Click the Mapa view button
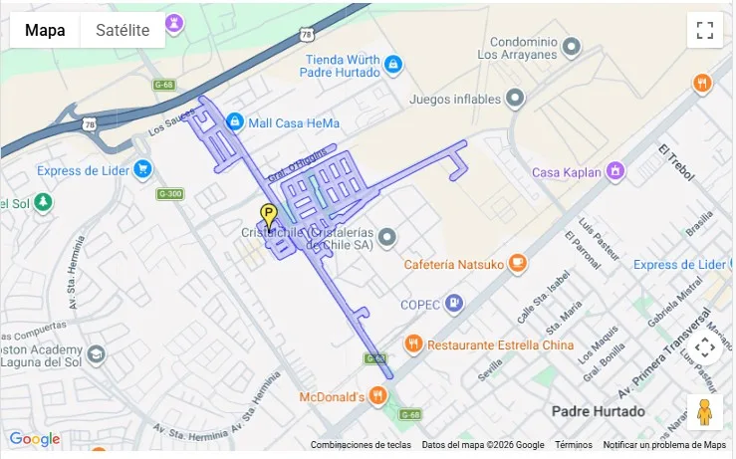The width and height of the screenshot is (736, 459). pos(45,30)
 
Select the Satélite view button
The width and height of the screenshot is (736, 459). pos(123,30)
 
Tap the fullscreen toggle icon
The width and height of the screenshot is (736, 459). pos(704,30)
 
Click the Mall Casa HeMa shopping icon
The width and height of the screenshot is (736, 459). pos(234,122)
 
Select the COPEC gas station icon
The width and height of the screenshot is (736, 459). pos(454,303)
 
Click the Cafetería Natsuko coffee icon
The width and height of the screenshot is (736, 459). pos(516,264)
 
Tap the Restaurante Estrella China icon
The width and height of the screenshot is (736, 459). pos(413,344)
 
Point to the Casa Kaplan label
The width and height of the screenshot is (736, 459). pos(567,172)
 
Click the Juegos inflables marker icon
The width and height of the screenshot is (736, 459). pos(515,98)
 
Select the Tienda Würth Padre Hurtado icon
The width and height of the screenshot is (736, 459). pos(393,65)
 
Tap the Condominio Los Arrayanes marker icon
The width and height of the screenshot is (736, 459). pos(572,47)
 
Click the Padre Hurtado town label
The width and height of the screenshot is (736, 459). pos(598,411)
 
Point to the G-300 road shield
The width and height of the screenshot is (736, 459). pos(172,193)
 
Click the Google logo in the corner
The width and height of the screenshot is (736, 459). pos(34,439)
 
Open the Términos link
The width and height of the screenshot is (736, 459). pos(573,445)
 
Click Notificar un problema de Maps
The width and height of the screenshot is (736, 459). pos(664,445)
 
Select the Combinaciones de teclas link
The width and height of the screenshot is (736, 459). pos(361,445)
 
